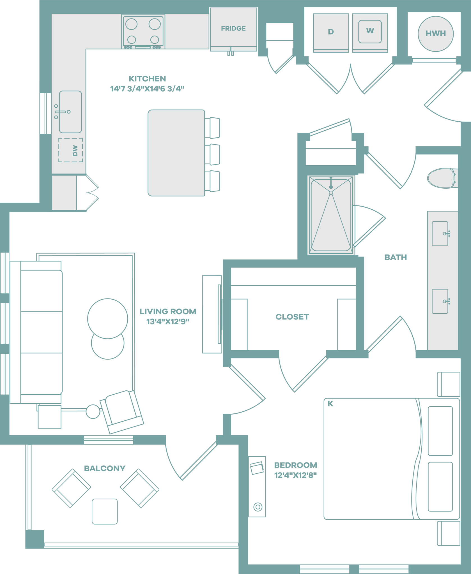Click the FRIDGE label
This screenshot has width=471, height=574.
click(x=233, y=28)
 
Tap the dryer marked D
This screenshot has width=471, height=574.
click(x=331, y=32)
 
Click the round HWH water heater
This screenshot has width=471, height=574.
click(x=435, y=34)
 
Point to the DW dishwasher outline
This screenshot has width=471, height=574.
click(x=71, y=150)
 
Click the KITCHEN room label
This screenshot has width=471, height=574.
click(x=147, y=78)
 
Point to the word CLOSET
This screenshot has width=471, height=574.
click(x=292, y=317)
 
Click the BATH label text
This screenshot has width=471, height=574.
click(x=396, y=257)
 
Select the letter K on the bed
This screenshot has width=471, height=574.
click(x=330, y=404)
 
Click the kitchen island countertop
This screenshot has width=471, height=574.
click(x=176, y=153)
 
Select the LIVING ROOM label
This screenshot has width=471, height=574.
click(x=168, y=311)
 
